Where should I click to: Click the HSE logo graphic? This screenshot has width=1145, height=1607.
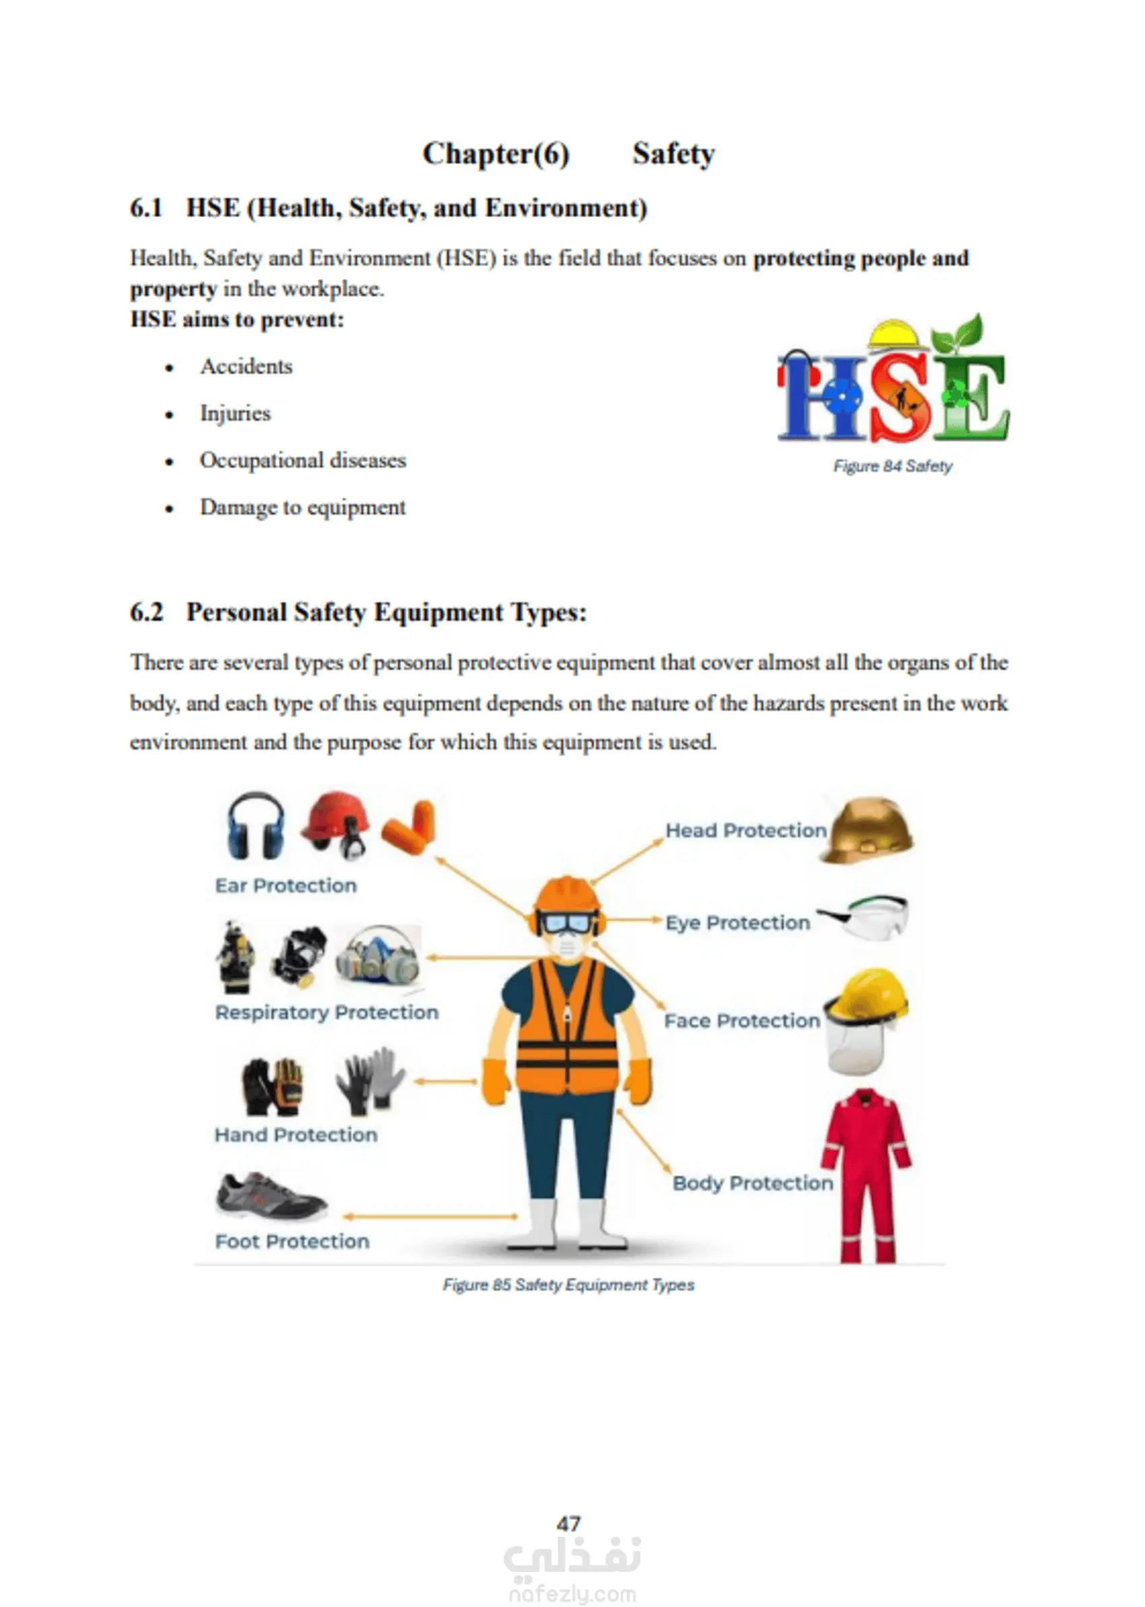tap(892, 383)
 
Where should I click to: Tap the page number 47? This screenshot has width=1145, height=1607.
tap(568, 1524)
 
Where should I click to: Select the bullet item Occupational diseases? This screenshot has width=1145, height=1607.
tap(303, 460)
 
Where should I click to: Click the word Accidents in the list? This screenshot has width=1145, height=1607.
tap(246, 367)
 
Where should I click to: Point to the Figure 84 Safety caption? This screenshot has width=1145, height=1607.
tap(892, 466)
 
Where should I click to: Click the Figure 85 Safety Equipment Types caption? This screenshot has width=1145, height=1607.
tap(568, 1285)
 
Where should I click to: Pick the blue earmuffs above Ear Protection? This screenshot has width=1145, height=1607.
tap(255, 825)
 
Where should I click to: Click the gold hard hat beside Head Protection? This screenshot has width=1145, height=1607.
tap(868, 830)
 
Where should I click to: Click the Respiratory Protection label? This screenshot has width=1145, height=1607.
tap(327, 1013)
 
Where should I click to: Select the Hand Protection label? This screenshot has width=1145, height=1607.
tap(296, 1135)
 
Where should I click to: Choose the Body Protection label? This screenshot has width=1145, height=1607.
tap(752, 1183)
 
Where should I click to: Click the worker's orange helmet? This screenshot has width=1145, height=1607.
tap(567, 894)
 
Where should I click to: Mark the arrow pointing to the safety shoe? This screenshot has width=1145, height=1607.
tap(430, 1216)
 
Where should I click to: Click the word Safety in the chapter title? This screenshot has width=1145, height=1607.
tap(674, 154)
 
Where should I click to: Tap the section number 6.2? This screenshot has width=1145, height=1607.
tap(147, 612)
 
